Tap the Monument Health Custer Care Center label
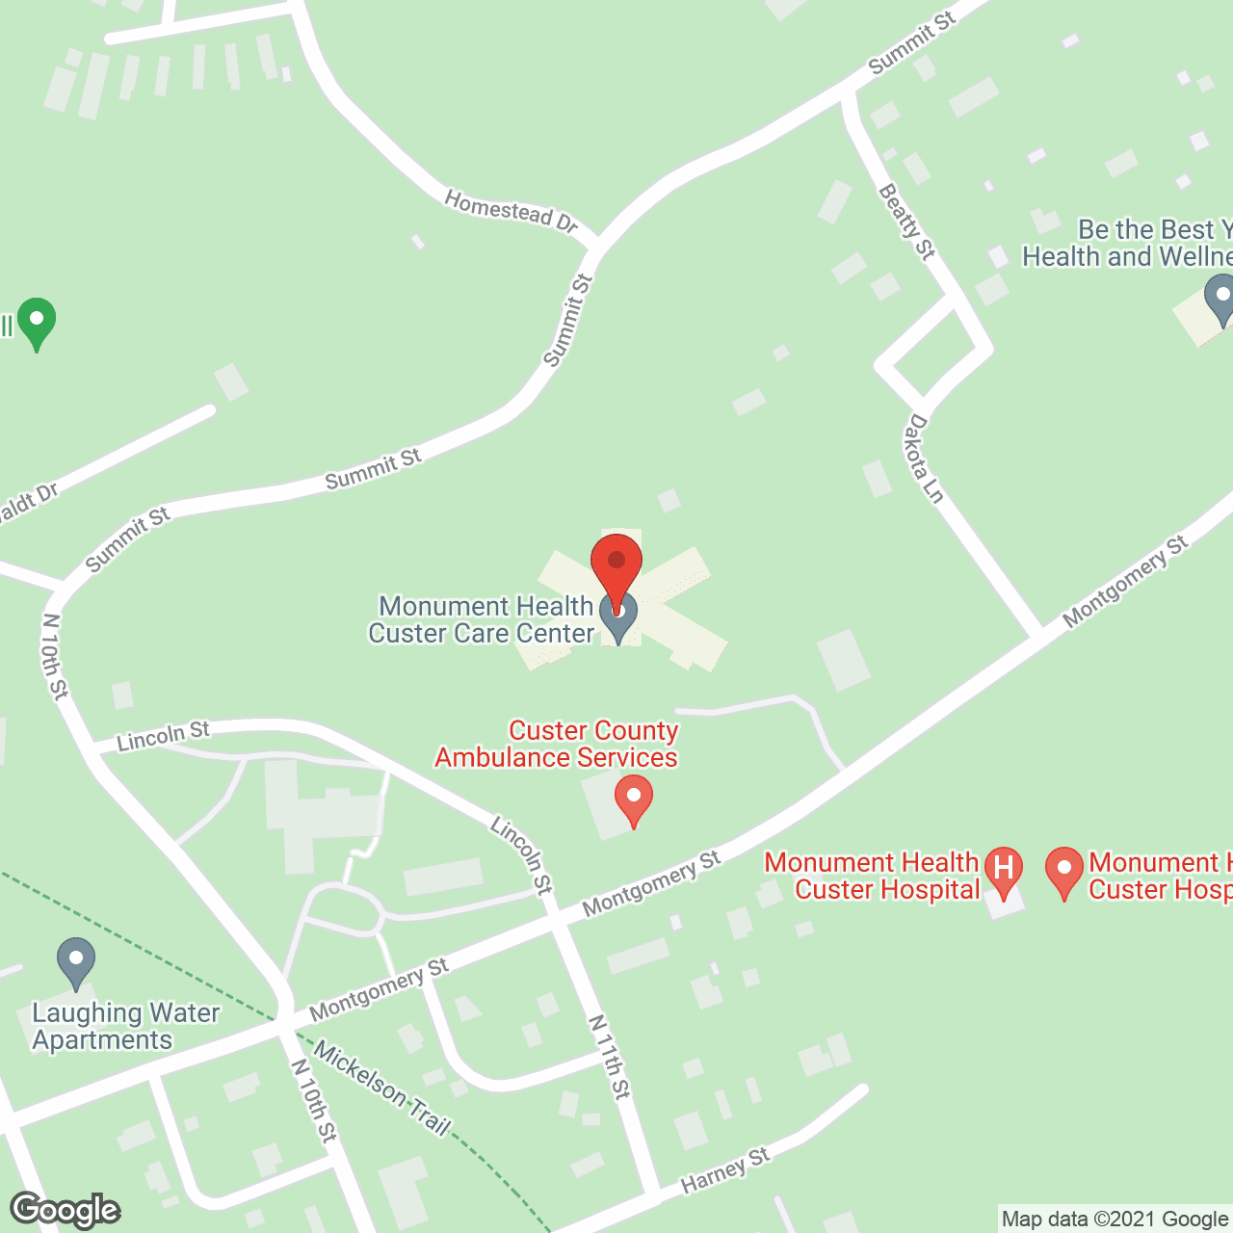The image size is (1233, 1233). point(482,620)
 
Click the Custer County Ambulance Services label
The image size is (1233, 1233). point(557,744)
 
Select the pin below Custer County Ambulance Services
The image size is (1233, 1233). point(634,799)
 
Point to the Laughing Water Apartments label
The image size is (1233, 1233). point(125,1027)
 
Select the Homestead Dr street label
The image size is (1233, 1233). point(511,211)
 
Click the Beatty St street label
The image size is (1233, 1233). point(906,223)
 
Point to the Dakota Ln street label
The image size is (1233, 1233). point(922,459)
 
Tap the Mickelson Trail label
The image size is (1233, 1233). point(382,1089)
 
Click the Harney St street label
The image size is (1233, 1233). point(725,1169)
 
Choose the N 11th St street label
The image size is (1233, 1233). point(610,1056)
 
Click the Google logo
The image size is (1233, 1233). point(66,1210)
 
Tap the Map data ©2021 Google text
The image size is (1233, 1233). point(1115,1220)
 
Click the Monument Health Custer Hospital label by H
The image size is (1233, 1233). point(872,876)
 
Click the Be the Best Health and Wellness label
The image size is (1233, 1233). point(1127,243)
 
